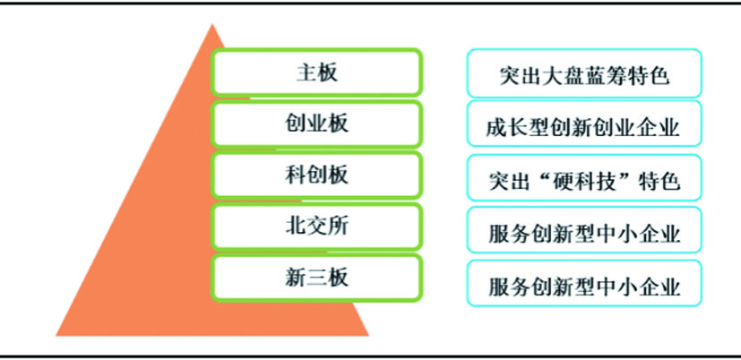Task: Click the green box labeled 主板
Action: pyautogui.click(x=316, y=73)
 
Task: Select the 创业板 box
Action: pyautogui.click(x=316, y=124)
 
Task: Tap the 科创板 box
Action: pyautogui.click(x=316, y=175)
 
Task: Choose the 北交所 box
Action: pyautogui.click(x=316, y=227)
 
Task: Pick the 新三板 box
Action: pyautogui.click(x=316, y=278)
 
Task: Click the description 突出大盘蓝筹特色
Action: pyautogui.click(x=584, y=73)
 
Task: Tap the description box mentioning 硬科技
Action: pyautogui.click(x=584, y=177)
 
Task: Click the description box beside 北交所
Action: pyautogui.click(x=584, y=229)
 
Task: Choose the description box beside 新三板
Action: pyautogui.click(x=584, y=282)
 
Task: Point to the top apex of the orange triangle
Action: pyautogui.click(x=212, y=23)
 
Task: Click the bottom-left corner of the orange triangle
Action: pyautogui.click(x=56, y=336)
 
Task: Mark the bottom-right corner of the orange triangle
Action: pyautogui.click(x=369, y=336)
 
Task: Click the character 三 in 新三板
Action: pyautogui.click(x=316, y=278)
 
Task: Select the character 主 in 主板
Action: pyautogui.click(x=306, y=73)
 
